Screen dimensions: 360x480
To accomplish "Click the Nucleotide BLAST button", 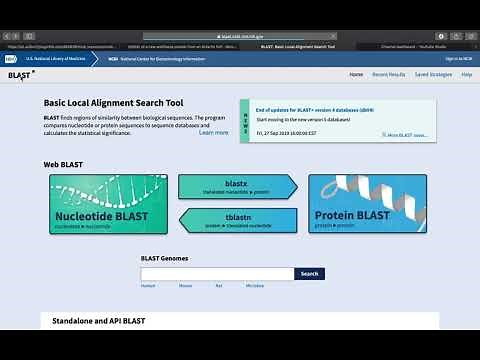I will (x=109, y=204).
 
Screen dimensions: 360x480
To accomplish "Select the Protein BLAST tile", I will (x=368, y=204).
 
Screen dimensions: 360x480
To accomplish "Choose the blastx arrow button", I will (x=236, y=187).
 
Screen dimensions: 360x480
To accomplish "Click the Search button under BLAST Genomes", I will (x=309, y=273).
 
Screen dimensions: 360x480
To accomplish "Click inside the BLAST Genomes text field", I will (x=217, y=273).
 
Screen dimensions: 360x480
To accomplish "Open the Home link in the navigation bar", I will (x=356, y=75).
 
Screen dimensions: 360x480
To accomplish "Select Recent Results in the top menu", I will (x=389, y=75).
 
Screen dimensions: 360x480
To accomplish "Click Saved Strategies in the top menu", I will (x=433, y=75).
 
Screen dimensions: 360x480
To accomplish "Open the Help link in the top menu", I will (x=466, y=75).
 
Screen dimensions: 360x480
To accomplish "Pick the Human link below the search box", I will (x=148, y=286).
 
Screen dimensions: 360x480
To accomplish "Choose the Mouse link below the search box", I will (x=185, y=286).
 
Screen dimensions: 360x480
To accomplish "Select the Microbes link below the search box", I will (x=255, y=286).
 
